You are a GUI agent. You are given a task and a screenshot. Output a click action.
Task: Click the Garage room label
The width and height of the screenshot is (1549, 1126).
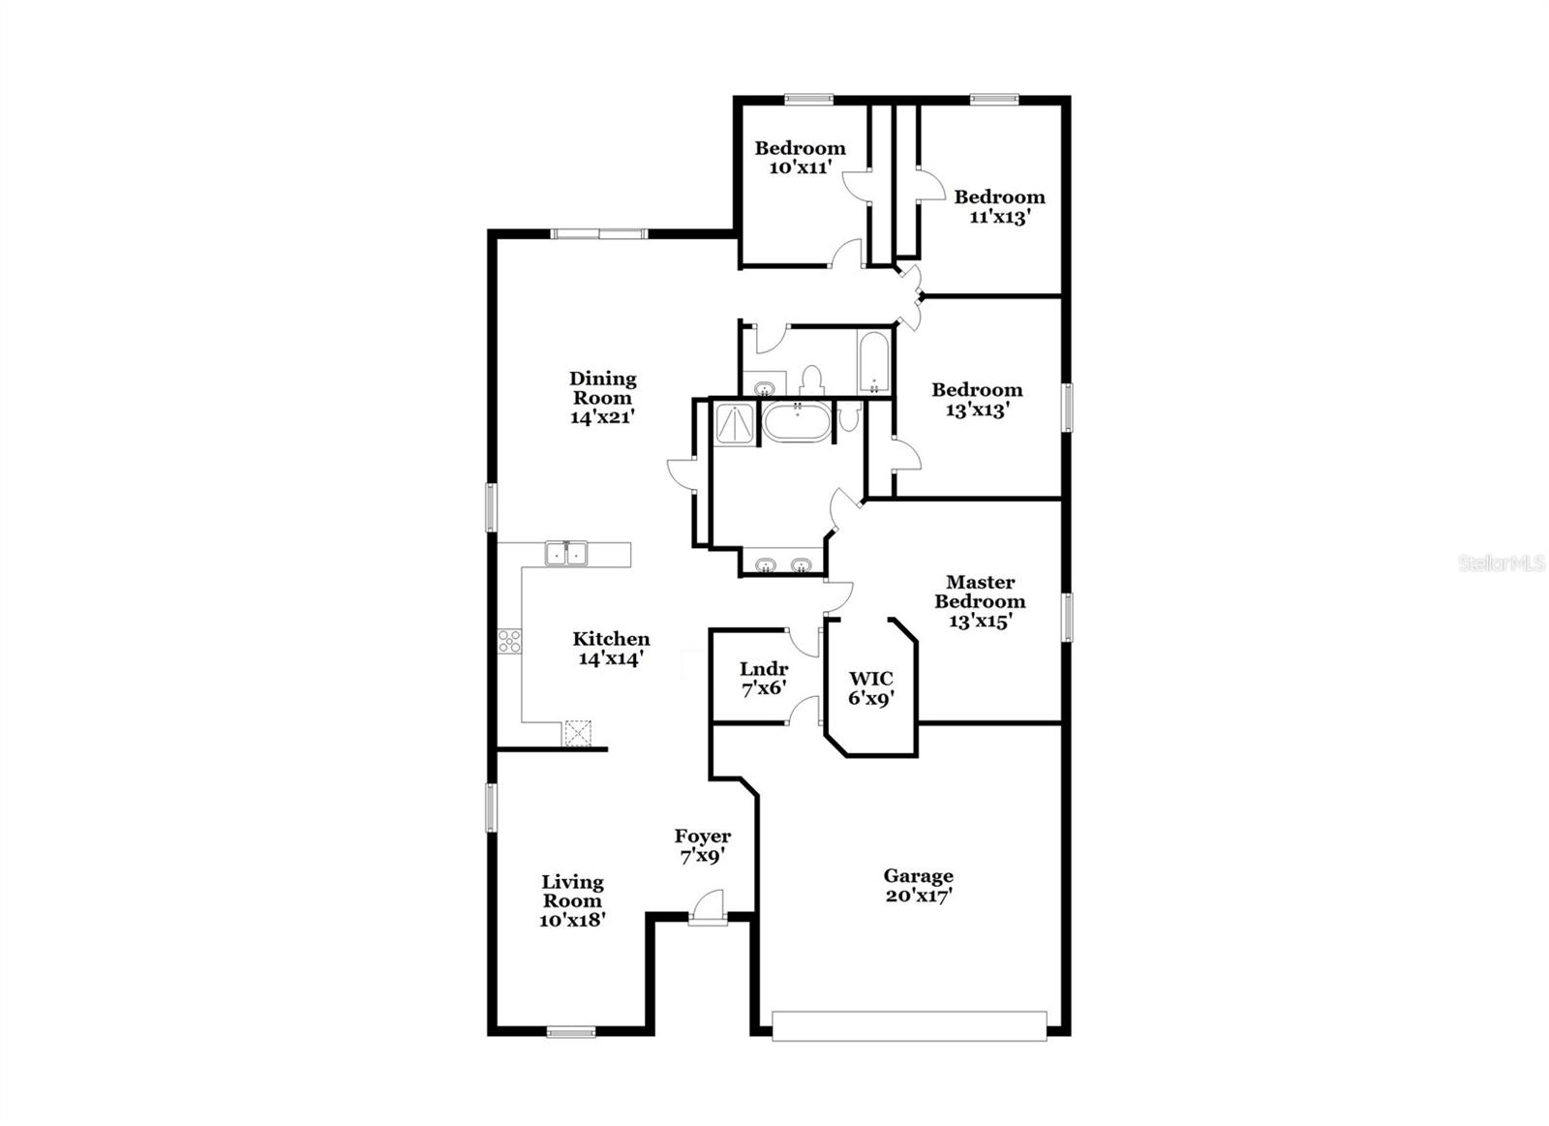(918, 876)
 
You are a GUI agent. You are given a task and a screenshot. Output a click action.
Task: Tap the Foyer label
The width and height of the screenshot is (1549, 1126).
(702, 837)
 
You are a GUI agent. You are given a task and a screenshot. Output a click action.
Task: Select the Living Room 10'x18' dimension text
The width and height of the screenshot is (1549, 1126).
(572, 920)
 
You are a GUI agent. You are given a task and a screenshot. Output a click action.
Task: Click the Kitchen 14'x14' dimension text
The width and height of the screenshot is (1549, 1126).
(611, 658)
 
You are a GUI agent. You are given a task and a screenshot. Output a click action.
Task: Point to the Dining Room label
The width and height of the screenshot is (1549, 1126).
(602, 388)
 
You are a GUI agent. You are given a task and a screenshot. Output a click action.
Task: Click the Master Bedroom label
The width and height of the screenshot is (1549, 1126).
(980, 592)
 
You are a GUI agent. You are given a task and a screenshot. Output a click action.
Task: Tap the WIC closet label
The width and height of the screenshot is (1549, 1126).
(870, 679)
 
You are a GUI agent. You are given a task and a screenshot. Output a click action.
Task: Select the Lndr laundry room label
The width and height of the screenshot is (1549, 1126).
(763, 669)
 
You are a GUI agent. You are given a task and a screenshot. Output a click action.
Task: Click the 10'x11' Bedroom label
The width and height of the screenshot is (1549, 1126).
(800, 148)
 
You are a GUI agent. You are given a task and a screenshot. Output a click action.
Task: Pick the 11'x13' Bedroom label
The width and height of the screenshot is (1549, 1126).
(999, 198)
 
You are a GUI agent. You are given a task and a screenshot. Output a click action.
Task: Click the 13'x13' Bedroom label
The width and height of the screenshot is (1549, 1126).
(977, 390)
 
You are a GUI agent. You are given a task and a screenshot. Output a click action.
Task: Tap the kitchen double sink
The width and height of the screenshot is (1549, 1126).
(566, 554)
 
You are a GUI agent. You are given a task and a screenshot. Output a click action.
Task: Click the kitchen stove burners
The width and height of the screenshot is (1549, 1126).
(509, 640)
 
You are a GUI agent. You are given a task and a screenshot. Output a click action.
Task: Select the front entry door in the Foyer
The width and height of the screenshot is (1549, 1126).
(708, 911)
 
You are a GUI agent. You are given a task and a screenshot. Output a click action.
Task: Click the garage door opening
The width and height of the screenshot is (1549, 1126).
(909, 1026)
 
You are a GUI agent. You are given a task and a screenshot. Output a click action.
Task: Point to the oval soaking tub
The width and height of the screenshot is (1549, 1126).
(798, 423)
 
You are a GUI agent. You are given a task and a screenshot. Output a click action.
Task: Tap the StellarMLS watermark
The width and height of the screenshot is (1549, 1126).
(1502, 563)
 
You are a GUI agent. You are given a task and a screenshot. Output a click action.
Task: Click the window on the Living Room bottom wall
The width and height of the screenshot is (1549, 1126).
(571, 1033)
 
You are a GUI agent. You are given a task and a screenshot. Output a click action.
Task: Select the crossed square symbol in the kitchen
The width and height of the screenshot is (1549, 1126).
(578, 733)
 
